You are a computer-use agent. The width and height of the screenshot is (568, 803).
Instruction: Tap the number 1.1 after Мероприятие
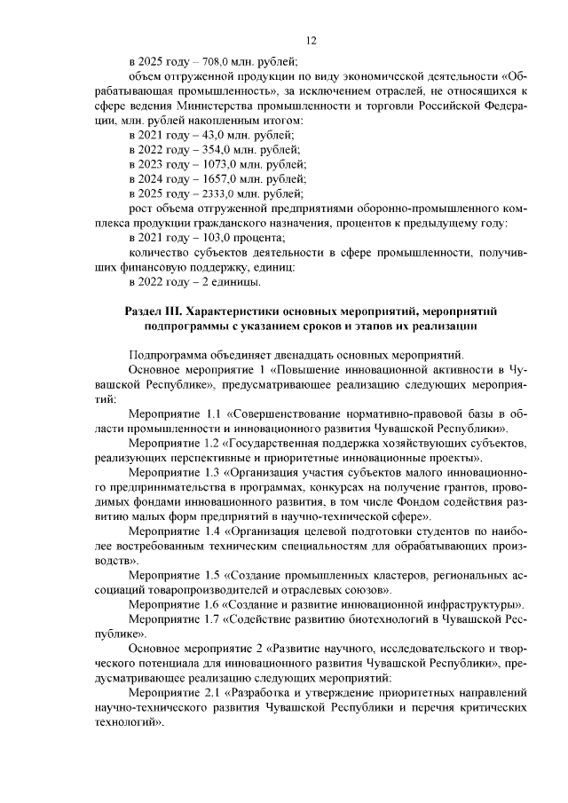pos(214,413)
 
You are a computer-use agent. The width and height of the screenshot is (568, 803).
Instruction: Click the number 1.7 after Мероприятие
pos(214,618)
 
